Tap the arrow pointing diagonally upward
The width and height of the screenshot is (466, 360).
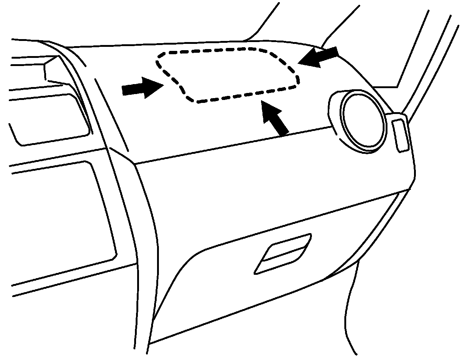[x=275, y=118]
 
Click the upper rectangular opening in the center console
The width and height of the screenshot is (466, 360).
[x=48, y=118]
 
